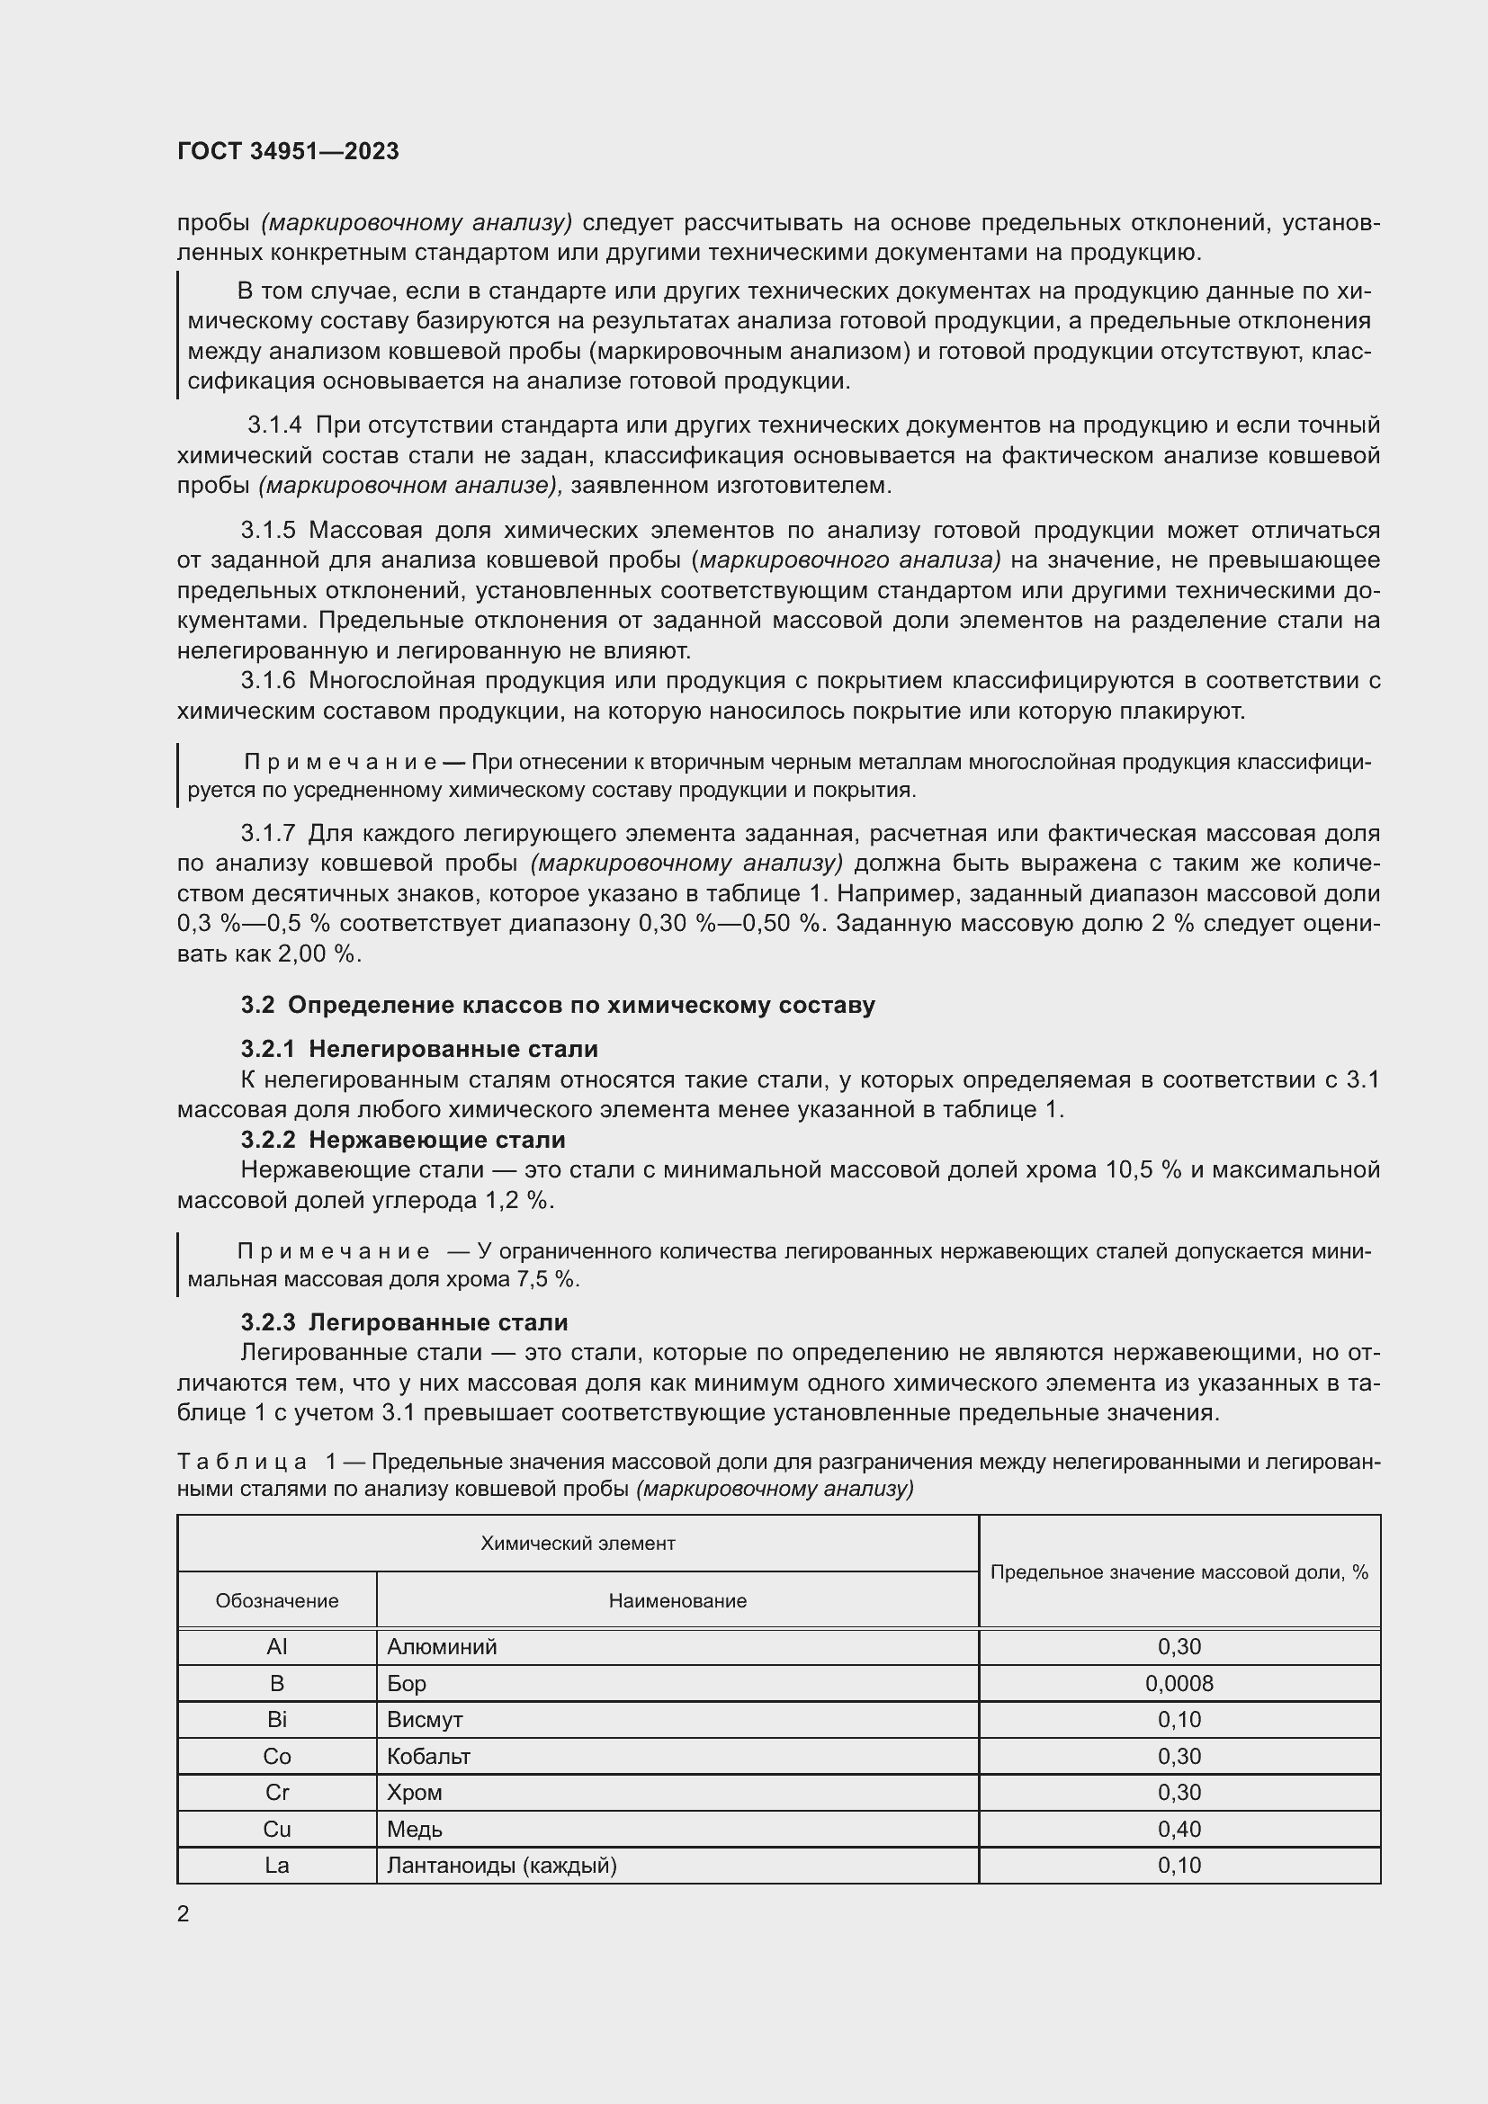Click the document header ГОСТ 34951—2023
(x=288, y=152)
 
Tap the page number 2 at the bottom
(x=184, y=1913)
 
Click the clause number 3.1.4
(x=275, y=425)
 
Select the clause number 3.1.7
(x=267, y=833)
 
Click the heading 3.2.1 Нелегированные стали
(x=418, y=1048)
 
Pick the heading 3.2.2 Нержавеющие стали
(x=403, y=1140)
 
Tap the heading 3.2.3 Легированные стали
(x=404, y=1322)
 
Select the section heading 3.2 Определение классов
(x=557, y=1005)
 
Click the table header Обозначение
(x=277, y=1601)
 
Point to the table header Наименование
(x=677, y=1601)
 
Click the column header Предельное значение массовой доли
(x=1179, y=1572)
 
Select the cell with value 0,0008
(x=1179, y=1683)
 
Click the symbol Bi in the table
(x=277, y=1720)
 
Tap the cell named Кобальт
(x=428, y=1757)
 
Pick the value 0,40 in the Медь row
(x=1179, y=1829)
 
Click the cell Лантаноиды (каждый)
(x=501, y=1865)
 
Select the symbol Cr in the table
(x=277, y=1793)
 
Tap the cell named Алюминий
(x=441, y=1647)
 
